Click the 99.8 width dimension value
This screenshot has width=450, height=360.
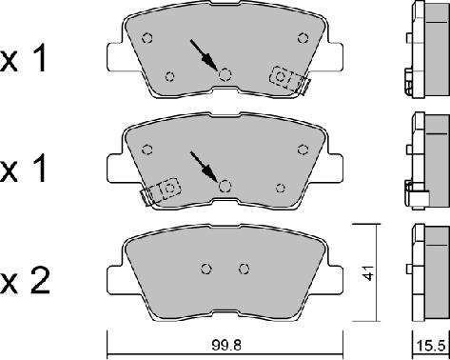tap(226, 345)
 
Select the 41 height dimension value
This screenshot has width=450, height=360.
tap(368, 272)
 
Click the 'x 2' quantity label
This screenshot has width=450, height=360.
tap(25, 281)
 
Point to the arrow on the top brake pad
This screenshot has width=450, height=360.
tap(204, 55)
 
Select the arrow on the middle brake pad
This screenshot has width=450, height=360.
tap(204, 168)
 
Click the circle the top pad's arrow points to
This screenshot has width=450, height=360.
tap(225, 75)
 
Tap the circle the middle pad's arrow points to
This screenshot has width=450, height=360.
tap(225, 186)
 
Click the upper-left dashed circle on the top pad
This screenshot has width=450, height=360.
tap(147, 38)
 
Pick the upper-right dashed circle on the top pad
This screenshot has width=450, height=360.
tap(303, 38)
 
